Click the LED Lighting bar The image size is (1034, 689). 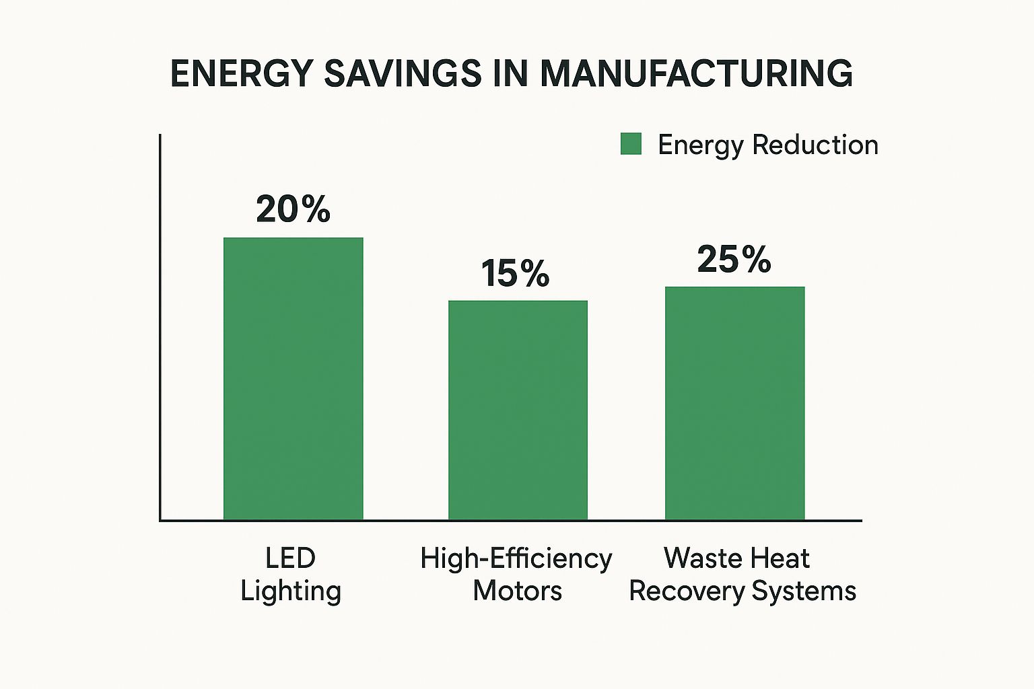(294, 378)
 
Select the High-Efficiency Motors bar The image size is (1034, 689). (518, 410)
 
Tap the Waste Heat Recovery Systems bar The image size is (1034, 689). (734, 403)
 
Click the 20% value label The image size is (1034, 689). (293, 209)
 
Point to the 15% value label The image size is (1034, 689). (515, 274)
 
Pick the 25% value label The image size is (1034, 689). (734, 259)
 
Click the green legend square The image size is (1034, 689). (631, 144)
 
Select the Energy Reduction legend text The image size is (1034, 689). (767, 145)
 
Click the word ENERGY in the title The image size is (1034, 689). (242, 73)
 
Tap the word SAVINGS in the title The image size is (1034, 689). (403, 73)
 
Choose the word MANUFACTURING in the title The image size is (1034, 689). (696, 73)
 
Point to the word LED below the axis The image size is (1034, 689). (290, 558)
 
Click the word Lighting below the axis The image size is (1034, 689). (291, 591)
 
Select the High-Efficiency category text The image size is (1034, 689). (516, 558)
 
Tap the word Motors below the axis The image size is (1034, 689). (517, 591)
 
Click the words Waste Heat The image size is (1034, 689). (736, 558)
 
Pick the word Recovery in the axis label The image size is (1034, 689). (687, 591)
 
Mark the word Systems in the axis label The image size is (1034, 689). (804, 591)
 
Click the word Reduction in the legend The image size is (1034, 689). (815, 145)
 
